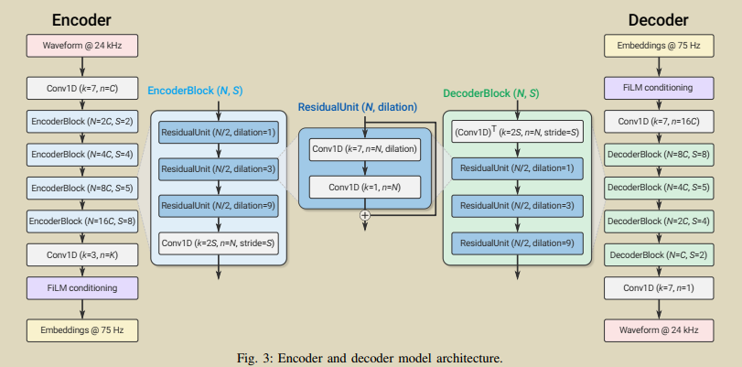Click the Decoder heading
point(659,19)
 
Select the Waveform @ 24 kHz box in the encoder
point(83,44)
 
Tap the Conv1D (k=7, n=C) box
point(83,90)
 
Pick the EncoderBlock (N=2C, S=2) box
point(83,121)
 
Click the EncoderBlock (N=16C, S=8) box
point(83,221)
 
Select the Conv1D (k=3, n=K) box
point(83,254)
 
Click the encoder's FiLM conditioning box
point(83,287)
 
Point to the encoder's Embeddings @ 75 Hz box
point(83,327)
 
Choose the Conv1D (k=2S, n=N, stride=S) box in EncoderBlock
point(218,243)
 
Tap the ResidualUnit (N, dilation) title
point(364,108)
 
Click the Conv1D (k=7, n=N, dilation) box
point(364,148)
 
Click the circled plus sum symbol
point(365,214)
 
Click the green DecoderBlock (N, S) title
point(490,93)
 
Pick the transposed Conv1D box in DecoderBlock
point(517,134)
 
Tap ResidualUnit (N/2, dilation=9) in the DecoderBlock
point(517,243)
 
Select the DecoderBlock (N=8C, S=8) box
point(659,155)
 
